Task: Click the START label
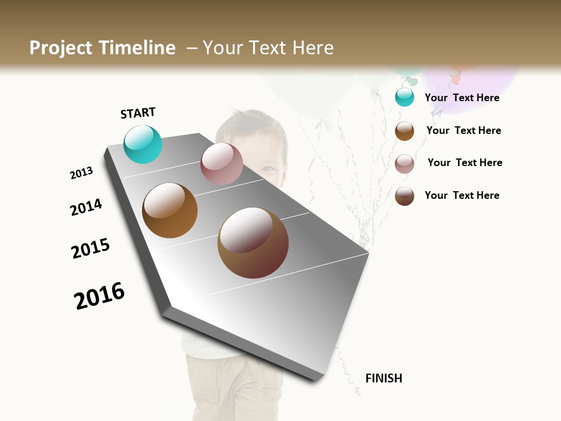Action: point(138,113)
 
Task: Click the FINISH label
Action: point(383,378)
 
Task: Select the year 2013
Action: point(81,173)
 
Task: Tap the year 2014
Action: point(86,207)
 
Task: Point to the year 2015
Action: point(91,249)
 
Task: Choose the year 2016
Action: point(99,295)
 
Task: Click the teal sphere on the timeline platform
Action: point(143,144)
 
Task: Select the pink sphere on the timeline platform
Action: point(221,164)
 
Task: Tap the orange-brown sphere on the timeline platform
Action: point(169,210)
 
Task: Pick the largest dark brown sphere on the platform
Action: point(253,243)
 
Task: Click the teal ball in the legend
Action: point(404,97)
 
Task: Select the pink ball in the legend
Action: point(404,164)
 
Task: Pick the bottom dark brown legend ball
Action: point(404,196)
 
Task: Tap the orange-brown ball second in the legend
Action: point(404,131)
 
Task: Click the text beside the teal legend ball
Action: point(462,98)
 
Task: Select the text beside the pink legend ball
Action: point(465,163)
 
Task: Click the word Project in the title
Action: point(61,48)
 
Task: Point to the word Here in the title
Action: point(313,48)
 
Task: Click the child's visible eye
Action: point(268,169)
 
